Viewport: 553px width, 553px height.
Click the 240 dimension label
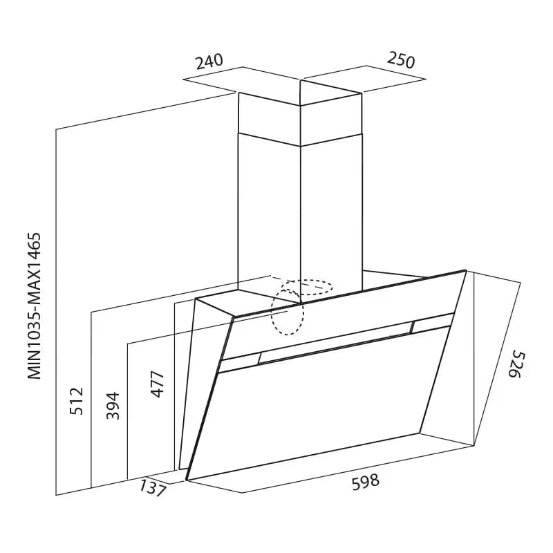210,62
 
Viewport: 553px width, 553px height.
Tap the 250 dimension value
401,60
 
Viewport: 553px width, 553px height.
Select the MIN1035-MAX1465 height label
35,306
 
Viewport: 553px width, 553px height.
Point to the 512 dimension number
77,401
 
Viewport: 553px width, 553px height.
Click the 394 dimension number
113,406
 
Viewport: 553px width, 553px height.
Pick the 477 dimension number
158,384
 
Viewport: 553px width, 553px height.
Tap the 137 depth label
152,488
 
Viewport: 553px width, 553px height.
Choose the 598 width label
366,482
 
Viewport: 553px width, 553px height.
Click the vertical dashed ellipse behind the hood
288,312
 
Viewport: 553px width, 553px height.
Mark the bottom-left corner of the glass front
187,480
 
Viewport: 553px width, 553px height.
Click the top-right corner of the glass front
466,271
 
